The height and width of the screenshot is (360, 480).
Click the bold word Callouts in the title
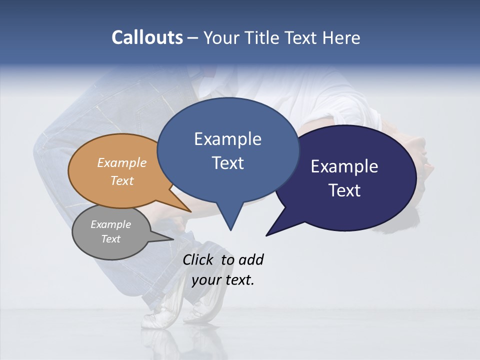tap(147, 37)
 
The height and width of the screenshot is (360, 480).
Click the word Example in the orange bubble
tap(122, 162)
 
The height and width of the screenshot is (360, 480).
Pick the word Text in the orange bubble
tap(122, 180)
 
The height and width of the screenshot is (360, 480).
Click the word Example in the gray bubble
tap(110, 224)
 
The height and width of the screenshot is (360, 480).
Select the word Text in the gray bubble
tap(110, 239)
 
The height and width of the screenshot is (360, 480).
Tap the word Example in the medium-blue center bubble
tap(227, 139)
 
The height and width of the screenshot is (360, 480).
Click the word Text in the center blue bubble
tap(227, 163)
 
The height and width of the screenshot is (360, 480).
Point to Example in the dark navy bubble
tap(344, 166)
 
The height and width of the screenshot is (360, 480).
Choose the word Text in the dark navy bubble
tap(344, 190)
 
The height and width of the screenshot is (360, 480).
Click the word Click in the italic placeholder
tap(197, 259)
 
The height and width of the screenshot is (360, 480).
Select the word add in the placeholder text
tap(251, 259)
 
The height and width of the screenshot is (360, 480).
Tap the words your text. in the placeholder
tap(223, 280)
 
